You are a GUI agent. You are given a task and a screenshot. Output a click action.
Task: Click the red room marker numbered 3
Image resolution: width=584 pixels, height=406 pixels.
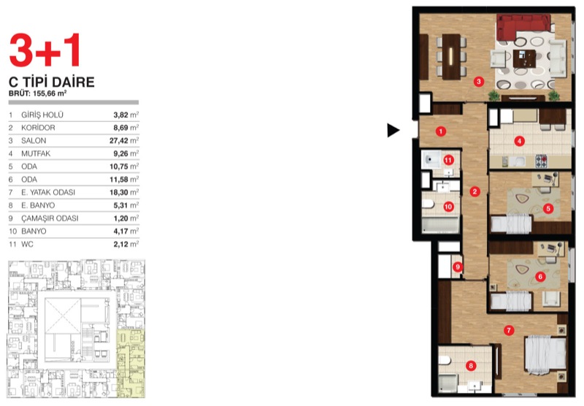[479, 82]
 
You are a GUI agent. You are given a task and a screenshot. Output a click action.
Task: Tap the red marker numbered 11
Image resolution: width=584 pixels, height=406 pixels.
[448, 160]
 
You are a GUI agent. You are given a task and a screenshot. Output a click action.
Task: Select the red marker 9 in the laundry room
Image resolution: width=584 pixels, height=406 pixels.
[458, 267]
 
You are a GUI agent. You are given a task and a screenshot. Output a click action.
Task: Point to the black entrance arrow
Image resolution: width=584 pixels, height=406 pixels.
[393, 131]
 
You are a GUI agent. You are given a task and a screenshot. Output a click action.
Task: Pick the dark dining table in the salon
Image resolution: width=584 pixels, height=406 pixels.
[451, 57]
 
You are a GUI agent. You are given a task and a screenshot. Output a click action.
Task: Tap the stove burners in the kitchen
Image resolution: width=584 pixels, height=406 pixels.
[541, 161]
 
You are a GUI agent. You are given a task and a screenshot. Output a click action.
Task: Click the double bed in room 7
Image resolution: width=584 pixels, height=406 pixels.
[545, 355]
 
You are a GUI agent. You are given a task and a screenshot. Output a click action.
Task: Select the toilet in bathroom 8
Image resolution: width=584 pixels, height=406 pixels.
[445, 360]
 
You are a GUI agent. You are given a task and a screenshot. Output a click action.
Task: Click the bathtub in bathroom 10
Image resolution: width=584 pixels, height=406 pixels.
[440, 225]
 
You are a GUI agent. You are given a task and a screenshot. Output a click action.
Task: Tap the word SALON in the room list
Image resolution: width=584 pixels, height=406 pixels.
[34, 141]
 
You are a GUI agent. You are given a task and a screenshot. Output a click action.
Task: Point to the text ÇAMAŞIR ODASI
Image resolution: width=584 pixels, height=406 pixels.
[50, 218]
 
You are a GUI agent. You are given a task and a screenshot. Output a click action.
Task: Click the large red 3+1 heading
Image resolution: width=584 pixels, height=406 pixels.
[45, 50]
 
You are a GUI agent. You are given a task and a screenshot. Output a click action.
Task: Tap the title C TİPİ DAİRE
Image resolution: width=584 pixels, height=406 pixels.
[52, 82]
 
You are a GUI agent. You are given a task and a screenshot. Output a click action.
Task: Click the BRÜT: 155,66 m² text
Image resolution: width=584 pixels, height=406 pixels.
[38, 93]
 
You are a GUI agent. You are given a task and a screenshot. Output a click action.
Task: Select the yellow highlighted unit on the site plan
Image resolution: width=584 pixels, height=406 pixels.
[131, 364]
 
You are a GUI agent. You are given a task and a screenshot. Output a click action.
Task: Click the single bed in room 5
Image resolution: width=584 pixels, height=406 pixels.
[511, 224]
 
